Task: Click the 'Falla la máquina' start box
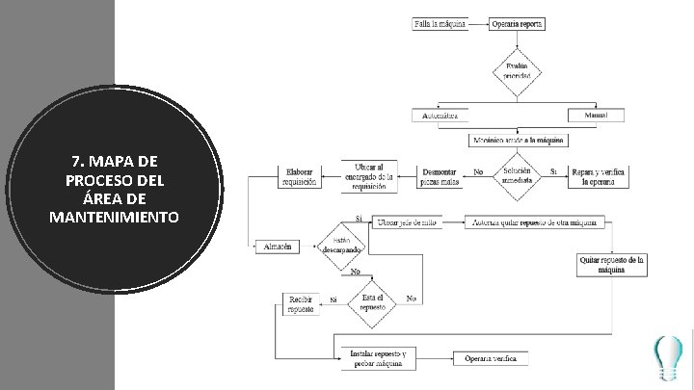[x=440, y=23]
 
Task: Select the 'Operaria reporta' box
[x=519, y=23]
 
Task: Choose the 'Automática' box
[x=440, y=116]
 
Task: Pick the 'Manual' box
[x=595, y=116]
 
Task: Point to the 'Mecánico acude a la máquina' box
[x=517, y=140]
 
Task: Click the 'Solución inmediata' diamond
[x=518, y=175]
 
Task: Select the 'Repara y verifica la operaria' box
[x=598, y=176]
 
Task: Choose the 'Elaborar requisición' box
[x=299, y=176]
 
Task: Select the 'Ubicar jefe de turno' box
[x=407, y=221]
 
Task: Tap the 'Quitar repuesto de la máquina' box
[x=611, y=265]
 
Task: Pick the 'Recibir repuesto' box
[x=301, y=305]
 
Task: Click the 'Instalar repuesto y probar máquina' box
[x=376, y=358]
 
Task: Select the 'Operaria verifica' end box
[x=490, y=358]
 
